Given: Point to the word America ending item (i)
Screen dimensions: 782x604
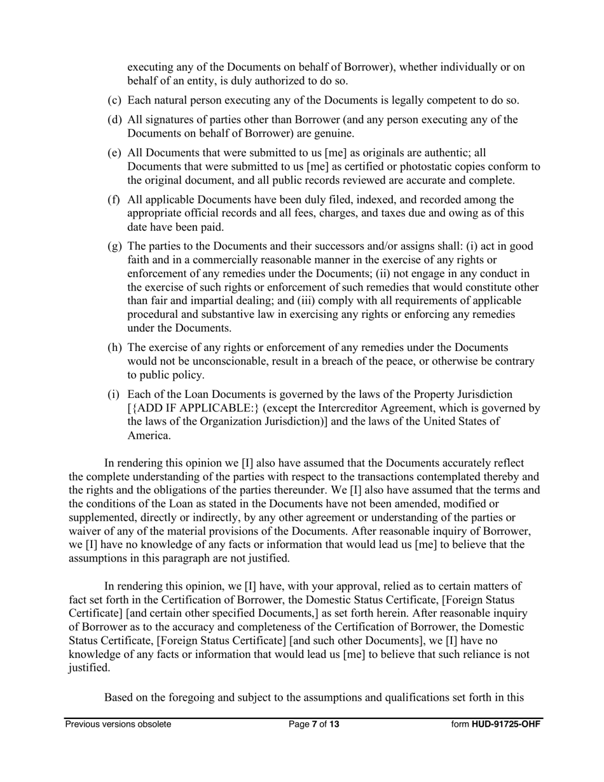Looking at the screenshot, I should (x=149, y=436).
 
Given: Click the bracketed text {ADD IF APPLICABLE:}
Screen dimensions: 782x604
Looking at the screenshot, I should (x=193, y=408).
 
